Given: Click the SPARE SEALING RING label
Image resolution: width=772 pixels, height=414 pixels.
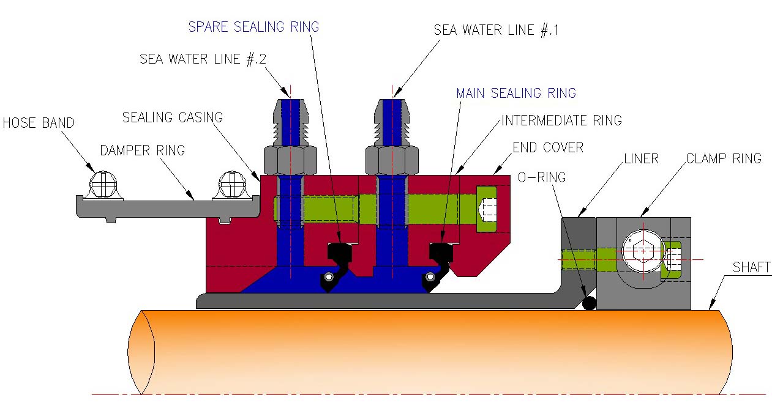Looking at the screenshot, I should click(253, 27).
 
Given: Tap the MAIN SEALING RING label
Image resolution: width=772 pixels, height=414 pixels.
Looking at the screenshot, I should click(515, 94).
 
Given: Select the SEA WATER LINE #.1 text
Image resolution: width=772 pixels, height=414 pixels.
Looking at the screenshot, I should click(496, 31).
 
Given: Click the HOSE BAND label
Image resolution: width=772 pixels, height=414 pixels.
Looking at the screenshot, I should click(39, 123).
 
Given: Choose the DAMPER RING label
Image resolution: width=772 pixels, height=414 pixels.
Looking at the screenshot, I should click(142, 150).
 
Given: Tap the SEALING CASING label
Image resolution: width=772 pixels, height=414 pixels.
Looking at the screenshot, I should click(173, 117).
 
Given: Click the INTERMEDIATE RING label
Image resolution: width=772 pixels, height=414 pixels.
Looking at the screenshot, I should click(561, 120).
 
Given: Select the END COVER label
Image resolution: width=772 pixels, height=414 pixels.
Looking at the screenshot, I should click(548, 147).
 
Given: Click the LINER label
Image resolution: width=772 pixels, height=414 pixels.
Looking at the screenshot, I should click(641, 159).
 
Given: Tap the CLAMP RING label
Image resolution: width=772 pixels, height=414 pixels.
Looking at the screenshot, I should click(724, 159).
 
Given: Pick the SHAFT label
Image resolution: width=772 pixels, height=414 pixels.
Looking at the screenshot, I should click(752, 267).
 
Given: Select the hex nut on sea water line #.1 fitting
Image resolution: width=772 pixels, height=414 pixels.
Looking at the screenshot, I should click(392, 161).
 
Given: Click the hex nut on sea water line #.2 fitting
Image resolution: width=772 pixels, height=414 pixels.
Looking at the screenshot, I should click(290, 161).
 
